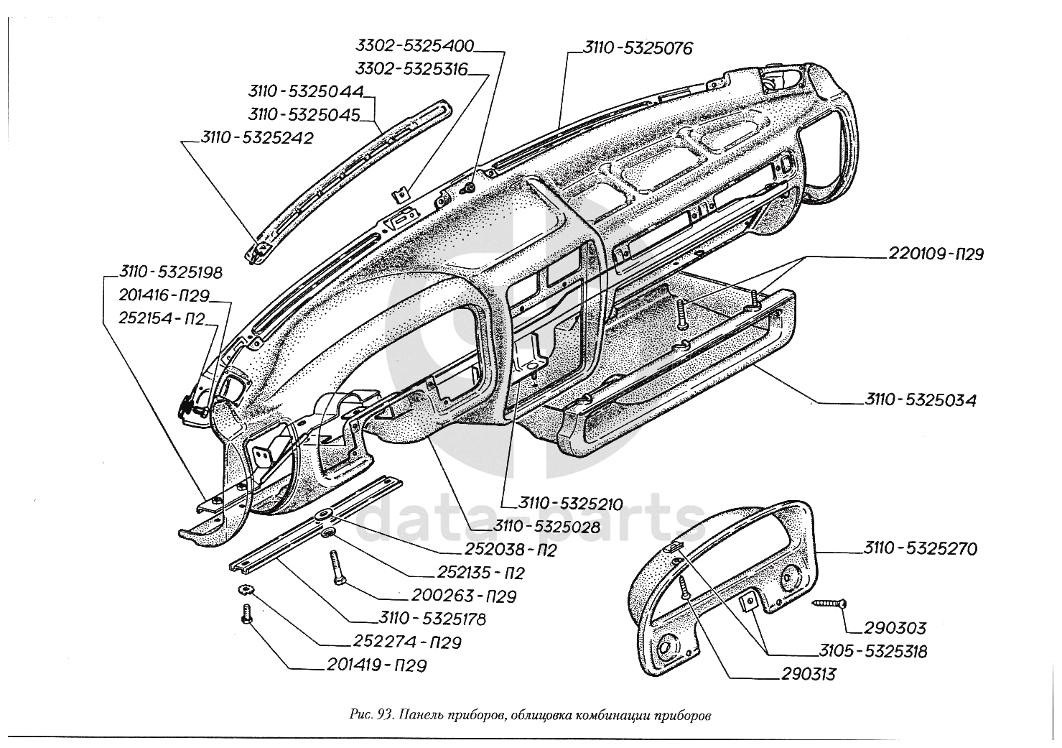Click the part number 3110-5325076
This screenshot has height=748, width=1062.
pyautogui.click(x=637, y=49)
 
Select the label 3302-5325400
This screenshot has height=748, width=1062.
pyautogui.click(x=415, y=46)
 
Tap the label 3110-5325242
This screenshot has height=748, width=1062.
pyautogui.click(x=257, y=138)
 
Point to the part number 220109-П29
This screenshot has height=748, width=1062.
pyautogui.click(x=935, y=254)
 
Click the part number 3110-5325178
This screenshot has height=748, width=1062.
pyautogui.click(x=432, y=618)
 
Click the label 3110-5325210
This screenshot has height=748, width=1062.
pyautogui.click(x=562, y=503)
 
